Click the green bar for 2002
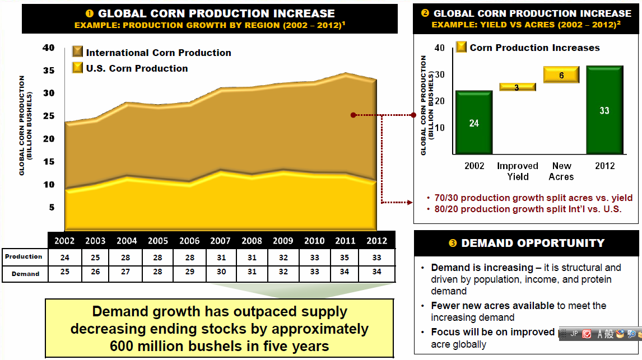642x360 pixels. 473,123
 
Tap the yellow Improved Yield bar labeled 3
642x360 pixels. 517,87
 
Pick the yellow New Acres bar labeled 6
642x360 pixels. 561,75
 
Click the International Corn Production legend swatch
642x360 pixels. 78,52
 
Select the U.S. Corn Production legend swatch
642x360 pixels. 78,68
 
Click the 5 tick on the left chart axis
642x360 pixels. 51,207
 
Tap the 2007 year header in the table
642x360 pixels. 220,241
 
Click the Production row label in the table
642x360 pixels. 24,256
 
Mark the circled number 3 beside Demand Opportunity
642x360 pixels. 453,244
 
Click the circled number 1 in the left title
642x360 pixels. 89,13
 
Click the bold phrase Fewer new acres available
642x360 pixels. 492,306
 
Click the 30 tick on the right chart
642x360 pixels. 439,74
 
